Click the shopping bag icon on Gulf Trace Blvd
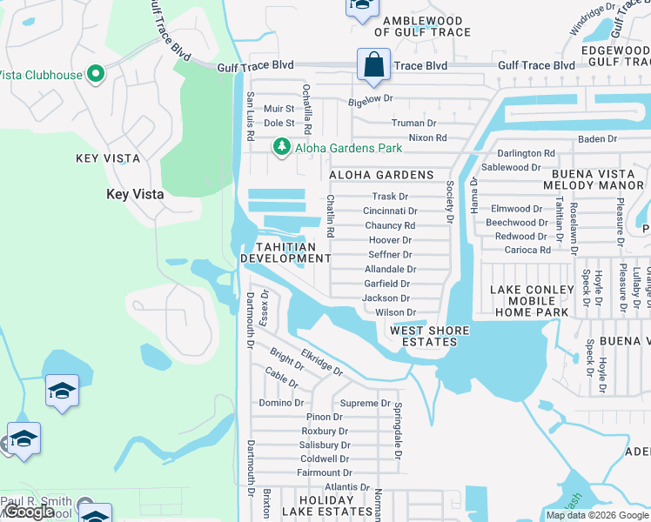click(x=372, y=65)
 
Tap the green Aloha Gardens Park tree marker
click(x=281, y=148)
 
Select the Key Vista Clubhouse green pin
click(x=96, y=75)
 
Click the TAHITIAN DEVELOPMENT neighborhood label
click(x=285, y=252)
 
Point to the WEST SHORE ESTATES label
click(x=429, y=336)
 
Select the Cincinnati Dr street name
click(x=390, y=211)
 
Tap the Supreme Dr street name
click(x=365, y=403)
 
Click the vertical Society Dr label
click(x=450, y=202)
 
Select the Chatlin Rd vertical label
click(x=331, y=216)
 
